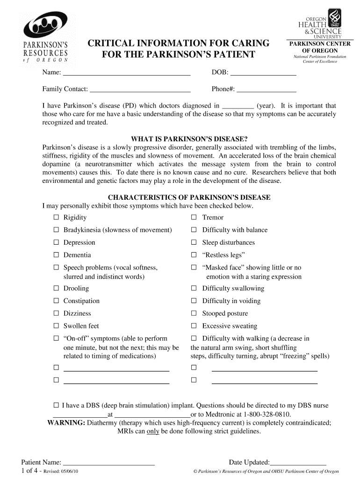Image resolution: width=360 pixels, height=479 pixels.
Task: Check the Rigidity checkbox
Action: [56, 218]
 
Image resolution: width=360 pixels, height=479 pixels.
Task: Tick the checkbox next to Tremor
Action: [194, 218]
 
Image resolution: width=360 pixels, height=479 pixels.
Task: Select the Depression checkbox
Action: [56, 242]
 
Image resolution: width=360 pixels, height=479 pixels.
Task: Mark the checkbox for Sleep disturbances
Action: [194, 242]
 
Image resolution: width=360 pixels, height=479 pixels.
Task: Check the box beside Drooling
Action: [56, 289]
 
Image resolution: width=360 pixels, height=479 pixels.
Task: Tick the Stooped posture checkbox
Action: [194, 313]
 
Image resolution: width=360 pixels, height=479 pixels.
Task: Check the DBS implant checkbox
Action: [56, 406]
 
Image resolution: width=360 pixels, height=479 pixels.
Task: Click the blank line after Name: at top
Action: [126, 73]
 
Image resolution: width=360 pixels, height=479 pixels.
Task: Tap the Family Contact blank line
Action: [140, 89]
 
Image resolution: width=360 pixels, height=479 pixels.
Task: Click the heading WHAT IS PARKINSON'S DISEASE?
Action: [189, 139]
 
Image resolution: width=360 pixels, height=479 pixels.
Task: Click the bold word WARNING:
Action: [66, 423]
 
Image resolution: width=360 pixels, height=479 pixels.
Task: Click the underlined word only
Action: [153, 431]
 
